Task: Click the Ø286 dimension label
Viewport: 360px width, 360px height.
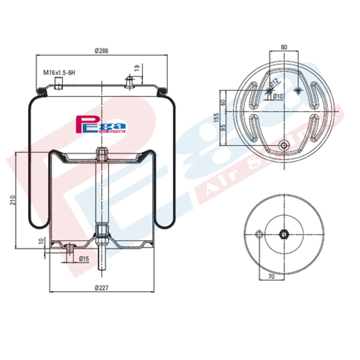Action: [102, 51]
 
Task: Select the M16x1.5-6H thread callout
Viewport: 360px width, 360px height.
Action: [59, 73]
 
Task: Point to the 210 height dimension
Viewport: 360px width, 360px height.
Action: [12, 200]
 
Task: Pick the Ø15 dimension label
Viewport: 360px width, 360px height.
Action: [84, 258]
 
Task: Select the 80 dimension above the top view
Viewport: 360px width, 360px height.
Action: [284, 47]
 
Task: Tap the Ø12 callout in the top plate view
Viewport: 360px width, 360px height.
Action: [274, 83]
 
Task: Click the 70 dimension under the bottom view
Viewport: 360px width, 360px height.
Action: [271, 276]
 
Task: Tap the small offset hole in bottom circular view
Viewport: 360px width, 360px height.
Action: [259, 235]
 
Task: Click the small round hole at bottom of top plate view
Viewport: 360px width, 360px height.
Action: [284, 145]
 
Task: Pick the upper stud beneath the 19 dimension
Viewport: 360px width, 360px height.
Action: [129, 81]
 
